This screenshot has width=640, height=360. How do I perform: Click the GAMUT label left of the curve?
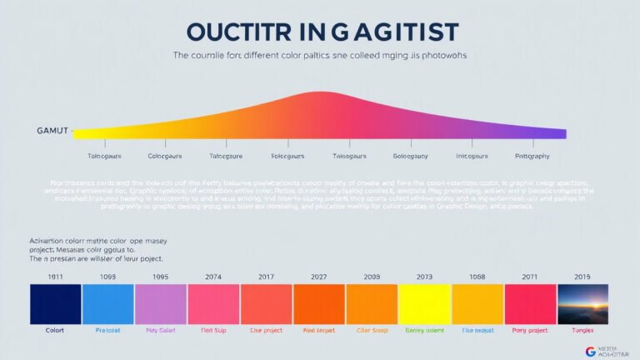(x=52, y=132)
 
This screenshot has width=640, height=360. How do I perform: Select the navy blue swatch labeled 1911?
(x=56, y=304)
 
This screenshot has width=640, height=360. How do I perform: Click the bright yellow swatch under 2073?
(x=424, y=304)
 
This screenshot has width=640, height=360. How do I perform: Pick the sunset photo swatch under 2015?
(x=582, y=304)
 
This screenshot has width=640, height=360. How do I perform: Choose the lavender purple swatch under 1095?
(x=161, y=304)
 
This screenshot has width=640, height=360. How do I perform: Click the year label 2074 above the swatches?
(x=213, y=277)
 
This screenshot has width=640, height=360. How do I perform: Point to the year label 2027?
(x=319, y=277)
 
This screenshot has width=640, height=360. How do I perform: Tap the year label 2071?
(x=530, y=277)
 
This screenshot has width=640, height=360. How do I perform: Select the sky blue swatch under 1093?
(x=108, y=304)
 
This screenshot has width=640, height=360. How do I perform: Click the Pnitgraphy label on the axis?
(x=533, y=156)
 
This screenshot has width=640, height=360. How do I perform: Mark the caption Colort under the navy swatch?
(x=55, y=331)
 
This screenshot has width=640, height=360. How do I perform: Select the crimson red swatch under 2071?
(x=530, y=304)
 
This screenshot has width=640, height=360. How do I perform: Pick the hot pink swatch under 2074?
(x=213, y=304)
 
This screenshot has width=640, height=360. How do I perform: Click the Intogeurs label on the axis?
(x=472, y=156)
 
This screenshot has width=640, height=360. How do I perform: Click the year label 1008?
(x=477, y=277)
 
